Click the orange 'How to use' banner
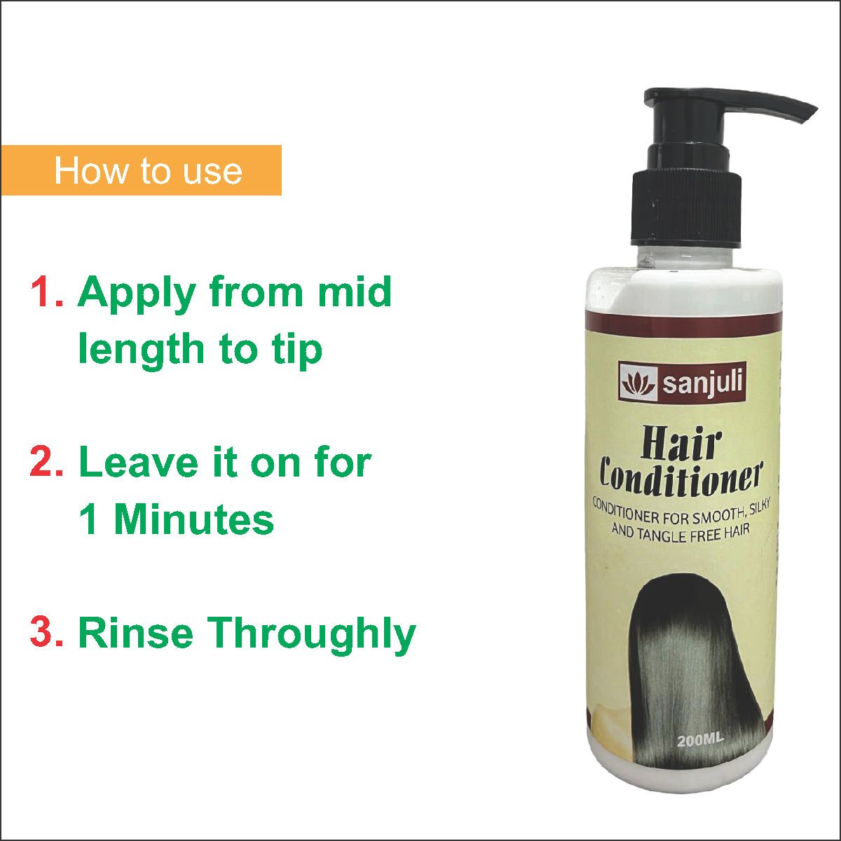click(141, 170)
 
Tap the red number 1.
click(47, 292)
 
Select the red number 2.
click(47, 462)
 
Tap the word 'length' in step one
click(141, 350)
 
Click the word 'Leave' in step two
click(139, 462)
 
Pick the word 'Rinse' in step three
click(135, 633)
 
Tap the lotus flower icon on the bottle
click(638, 383)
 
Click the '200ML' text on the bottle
click(700, 740)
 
